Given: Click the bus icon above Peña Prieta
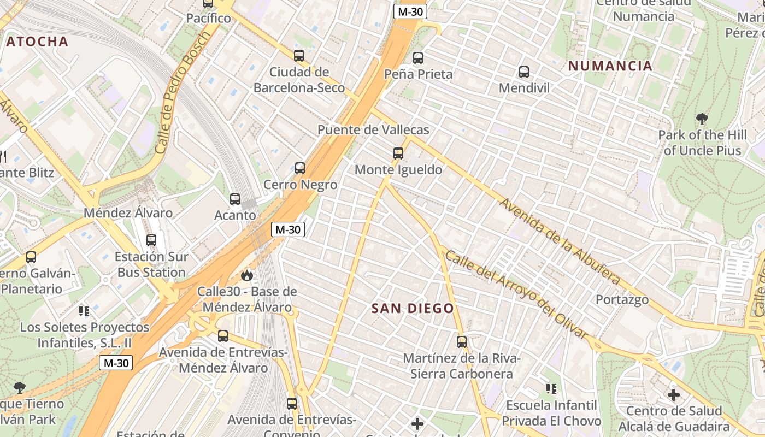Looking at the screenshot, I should point(418,57).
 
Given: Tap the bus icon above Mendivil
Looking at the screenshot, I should point(524,72).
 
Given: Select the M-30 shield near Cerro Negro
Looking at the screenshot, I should point(288,229).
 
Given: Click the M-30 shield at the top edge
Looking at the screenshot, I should point(410,11).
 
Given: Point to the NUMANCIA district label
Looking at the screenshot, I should point(610,66).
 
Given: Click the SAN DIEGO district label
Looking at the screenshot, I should point(413,309).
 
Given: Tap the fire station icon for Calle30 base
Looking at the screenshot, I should point(247,275).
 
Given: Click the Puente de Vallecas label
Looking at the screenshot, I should point(373,130).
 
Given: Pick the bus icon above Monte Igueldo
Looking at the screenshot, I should point(398,153).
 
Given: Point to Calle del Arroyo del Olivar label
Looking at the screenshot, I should point(516,295).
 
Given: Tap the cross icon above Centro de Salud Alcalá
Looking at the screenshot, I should point(674,394).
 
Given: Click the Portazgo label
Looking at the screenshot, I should point(622,300).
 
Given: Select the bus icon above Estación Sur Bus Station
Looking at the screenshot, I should point(151,240).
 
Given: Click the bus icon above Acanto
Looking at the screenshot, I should point(235,199).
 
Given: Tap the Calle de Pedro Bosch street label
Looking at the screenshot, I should point(183,93).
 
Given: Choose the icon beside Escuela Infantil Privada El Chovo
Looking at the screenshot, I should point(551,389).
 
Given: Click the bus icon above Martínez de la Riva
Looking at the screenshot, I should point(462,342).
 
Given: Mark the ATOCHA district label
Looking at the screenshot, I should point(37,42).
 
